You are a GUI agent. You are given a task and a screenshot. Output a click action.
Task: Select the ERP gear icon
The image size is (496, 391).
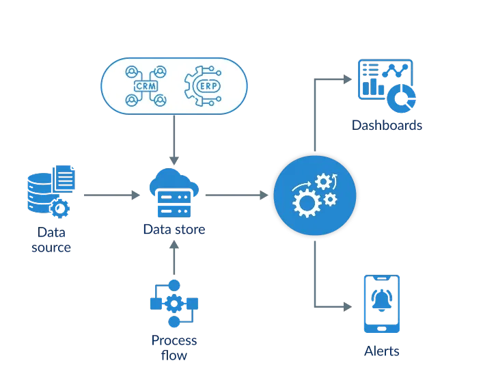(x=203, y=86)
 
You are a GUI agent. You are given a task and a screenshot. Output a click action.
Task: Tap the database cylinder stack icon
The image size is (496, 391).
(x=42, y=193)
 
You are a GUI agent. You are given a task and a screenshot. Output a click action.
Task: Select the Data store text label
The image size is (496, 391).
(x=174, y=230)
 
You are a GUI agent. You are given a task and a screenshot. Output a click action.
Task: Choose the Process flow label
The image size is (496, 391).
(x=174, y=347)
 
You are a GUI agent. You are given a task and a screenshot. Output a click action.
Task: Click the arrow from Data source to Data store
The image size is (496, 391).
(x=109, y=195)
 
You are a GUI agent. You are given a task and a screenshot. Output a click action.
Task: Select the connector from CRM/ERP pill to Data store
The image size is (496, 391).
(x=175, y=140)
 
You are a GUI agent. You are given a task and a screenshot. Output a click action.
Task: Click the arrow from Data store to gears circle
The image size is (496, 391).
(x=236, y=195)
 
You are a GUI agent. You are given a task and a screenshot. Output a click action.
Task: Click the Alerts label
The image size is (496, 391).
(x=381, y=353)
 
